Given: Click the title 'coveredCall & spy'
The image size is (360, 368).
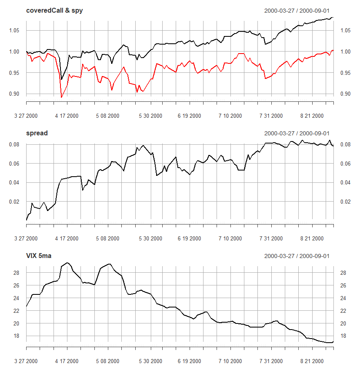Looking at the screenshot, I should click(54, 11).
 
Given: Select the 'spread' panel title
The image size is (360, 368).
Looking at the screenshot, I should click(37, 133).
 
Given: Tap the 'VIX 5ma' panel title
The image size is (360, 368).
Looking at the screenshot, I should click(40, 256).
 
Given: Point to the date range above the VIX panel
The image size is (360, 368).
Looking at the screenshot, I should click(297, 256).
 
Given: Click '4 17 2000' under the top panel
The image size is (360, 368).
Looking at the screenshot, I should click(67, 116).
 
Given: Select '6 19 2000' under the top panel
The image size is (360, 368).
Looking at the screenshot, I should click(189, 116).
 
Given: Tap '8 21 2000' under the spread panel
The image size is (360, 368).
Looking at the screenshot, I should click(312, 238).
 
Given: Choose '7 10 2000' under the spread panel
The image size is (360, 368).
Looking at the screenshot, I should click(230, 238).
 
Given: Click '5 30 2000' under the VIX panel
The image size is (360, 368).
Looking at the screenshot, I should click(150, 361).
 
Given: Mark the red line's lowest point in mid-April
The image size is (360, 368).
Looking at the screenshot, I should click(61, 97).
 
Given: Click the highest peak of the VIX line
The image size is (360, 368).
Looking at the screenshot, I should click(67, 263).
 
